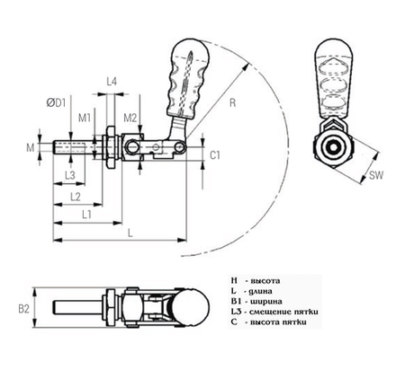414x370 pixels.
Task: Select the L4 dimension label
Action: click(112, 82)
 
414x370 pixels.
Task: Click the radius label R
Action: click(232, 105)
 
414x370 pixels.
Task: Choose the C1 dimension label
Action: click(215, 154)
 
